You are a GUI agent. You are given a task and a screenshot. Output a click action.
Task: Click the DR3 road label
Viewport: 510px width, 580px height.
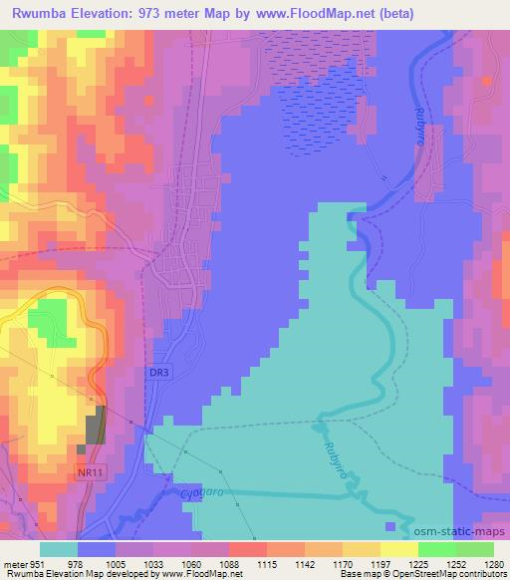point(159,372)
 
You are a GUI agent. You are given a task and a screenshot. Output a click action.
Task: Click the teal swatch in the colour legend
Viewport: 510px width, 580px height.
point(59,549)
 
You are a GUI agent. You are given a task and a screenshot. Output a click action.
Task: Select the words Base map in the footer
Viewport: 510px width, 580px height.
point(359,573)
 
